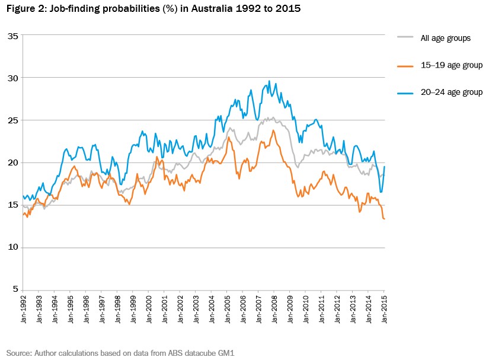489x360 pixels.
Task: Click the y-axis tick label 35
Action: point(13,36)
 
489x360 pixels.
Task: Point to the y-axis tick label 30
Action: point(13,78)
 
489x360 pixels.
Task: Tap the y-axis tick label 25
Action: point(13,120)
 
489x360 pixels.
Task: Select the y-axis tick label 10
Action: point(13,247)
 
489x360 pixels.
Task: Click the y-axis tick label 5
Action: point(15,289)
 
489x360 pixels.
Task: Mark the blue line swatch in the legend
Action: point(404,93)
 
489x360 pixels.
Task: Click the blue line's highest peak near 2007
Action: point(269,81)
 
